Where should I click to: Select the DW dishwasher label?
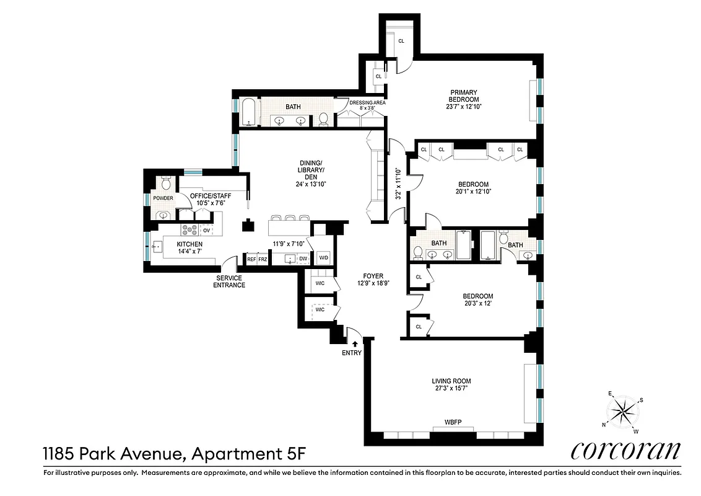[303, 259]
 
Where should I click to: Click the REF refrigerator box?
[251, 259]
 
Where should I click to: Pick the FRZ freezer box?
[263, 259]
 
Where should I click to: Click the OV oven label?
[207, 230]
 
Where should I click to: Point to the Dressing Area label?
[367, 103]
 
